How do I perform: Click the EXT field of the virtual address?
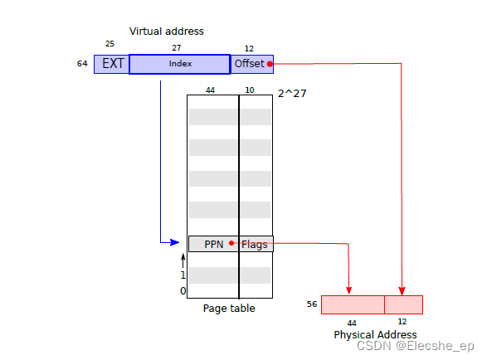point(112,64)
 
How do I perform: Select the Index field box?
point(180,64)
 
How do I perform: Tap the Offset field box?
point(251,64)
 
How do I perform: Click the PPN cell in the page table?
point(214,244)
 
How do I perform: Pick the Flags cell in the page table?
point(256,244)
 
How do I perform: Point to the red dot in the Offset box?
point(270,64)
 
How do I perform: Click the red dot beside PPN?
point(231,243)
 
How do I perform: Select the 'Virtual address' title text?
point(167,32)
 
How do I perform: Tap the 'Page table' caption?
point(229,309)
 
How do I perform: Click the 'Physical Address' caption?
point(375,335)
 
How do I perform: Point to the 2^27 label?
point(292,94)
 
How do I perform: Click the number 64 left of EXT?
point(82,64)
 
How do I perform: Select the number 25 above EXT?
point(110,44)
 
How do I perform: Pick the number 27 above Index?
point(176,48)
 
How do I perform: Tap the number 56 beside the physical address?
point(312,304)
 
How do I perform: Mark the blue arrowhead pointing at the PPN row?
point(174,242)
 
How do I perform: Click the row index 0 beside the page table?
point(183,291)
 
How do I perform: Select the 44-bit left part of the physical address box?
point(353,304)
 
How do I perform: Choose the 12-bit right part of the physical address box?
point(403,304)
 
